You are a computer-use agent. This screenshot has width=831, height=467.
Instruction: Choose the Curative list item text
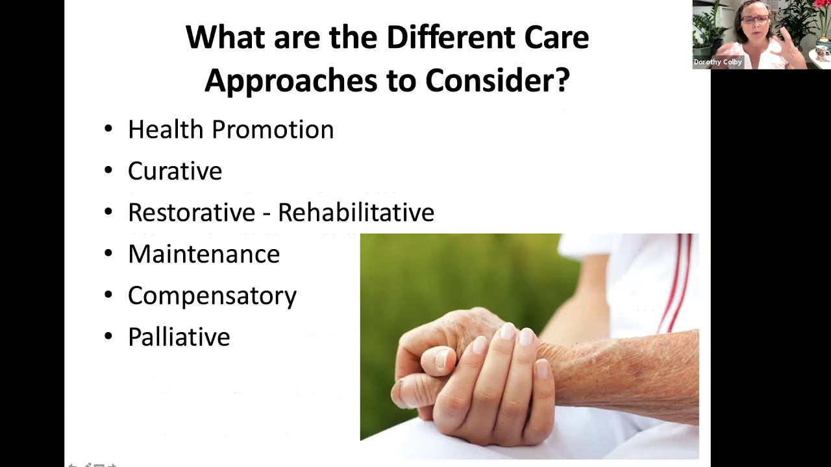pyautogui.click(x=175, y=171)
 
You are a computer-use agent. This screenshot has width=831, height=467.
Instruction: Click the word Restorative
pyautogui.click(x=192, y=213)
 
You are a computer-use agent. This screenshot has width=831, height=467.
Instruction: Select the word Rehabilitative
pyautogui.click(x=356, y=213)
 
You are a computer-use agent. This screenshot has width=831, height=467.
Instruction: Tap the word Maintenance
pyautogui.click(x=203, y=254)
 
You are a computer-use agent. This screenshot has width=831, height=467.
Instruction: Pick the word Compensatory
pyautogui.click(x=212, y=296)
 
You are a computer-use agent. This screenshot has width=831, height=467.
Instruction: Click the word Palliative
pyautogui.click(x=179, y=337)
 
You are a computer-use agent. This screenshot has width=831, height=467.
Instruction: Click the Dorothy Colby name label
pyautogui.click(x=717, y=62)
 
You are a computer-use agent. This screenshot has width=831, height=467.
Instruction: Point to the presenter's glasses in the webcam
pyautogui.click(x=754, y=19)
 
